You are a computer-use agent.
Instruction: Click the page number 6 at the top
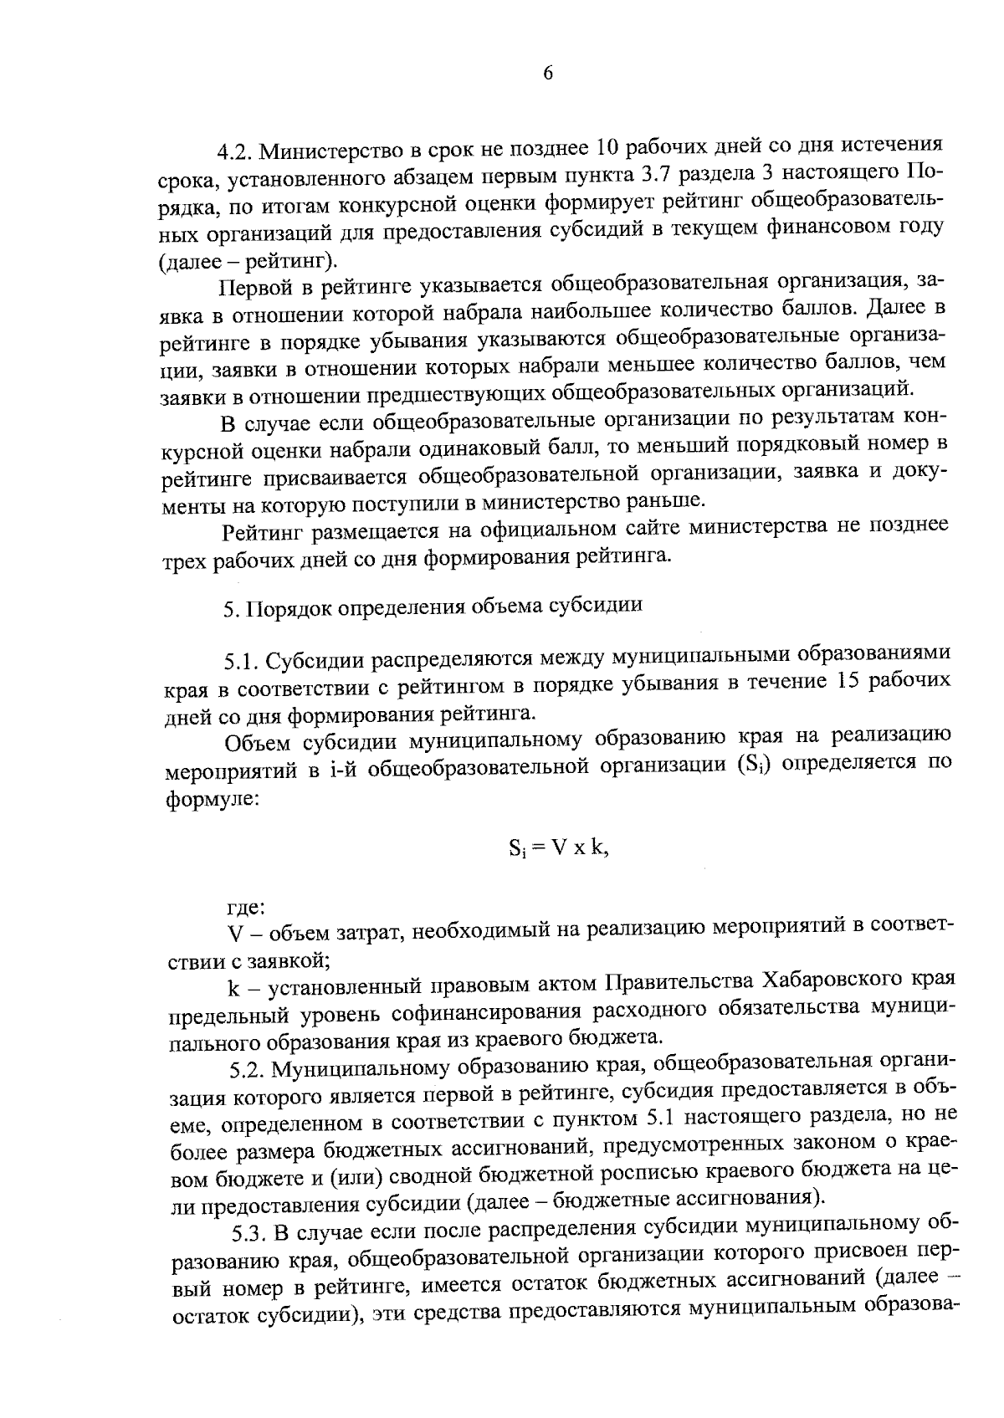548,73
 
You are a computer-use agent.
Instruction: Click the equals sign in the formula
535,848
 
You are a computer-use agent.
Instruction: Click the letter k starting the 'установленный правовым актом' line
234,988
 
